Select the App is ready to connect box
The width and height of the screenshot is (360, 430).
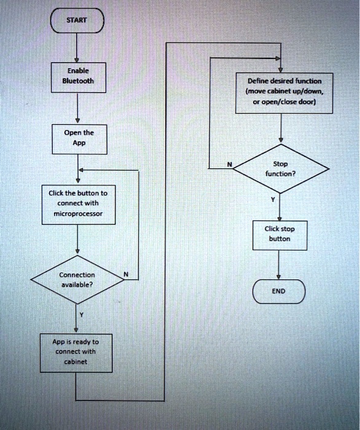[x=77, y=352]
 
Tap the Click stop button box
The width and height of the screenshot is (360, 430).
[x=280, y=234]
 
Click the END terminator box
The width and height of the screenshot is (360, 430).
[x=279, y=292]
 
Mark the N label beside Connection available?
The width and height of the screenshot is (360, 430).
[x=126, y=274]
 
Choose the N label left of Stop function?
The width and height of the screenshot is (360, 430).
[x=229, y=163]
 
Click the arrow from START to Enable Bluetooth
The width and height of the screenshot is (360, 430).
[x=77, y=46]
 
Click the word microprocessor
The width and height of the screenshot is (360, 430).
[x=77, y=214]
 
